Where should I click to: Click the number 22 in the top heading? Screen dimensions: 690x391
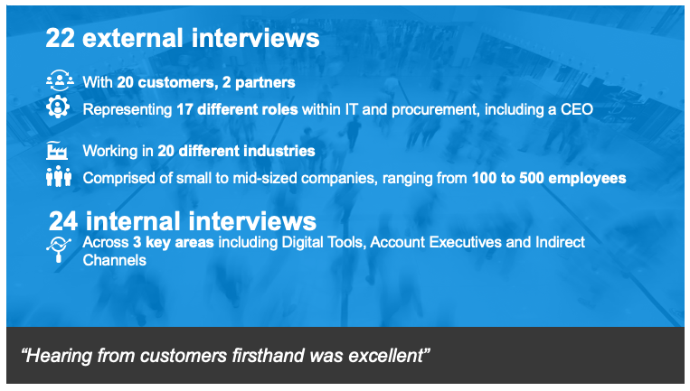[61, 38]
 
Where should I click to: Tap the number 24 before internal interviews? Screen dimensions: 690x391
[63, 221]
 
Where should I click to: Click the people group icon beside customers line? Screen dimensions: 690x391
[60, 81]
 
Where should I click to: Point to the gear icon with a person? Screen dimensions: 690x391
[58, 107]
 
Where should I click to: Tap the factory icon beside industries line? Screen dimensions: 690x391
[57, 151]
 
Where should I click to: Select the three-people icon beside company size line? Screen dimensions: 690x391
[59, 177]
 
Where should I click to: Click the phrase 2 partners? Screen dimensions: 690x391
[259, 82]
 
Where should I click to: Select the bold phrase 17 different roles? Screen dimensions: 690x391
[237, 109]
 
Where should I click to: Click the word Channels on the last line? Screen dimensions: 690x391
[115, 260]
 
